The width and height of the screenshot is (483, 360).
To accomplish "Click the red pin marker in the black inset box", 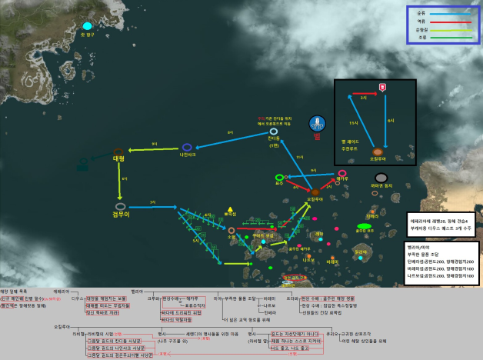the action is click(382, 86).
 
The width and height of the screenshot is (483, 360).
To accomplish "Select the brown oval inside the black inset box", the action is click(377, 152).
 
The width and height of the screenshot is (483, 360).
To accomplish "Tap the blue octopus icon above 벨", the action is click(316, 124).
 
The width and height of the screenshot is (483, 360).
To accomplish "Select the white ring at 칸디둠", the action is click(273, 132).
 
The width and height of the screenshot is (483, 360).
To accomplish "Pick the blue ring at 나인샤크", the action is click(187, 147).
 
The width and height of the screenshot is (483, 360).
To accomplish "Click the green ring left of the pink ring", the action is click(279, 178).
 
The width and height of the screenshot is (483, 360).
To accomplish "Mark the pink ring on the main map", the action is click(342, 174).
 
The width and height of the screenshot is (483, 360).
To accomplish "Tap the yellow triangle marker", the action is click(230, 208).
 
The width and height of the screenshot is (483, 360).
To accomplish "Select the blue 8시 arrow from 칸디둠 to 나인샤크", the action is click(231, 139).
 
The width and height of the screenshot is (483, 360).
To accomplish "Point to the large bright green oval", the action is click(365, 228).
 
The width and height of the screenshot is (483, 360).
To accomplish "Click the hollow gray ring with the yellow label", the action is click(119, 206).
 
